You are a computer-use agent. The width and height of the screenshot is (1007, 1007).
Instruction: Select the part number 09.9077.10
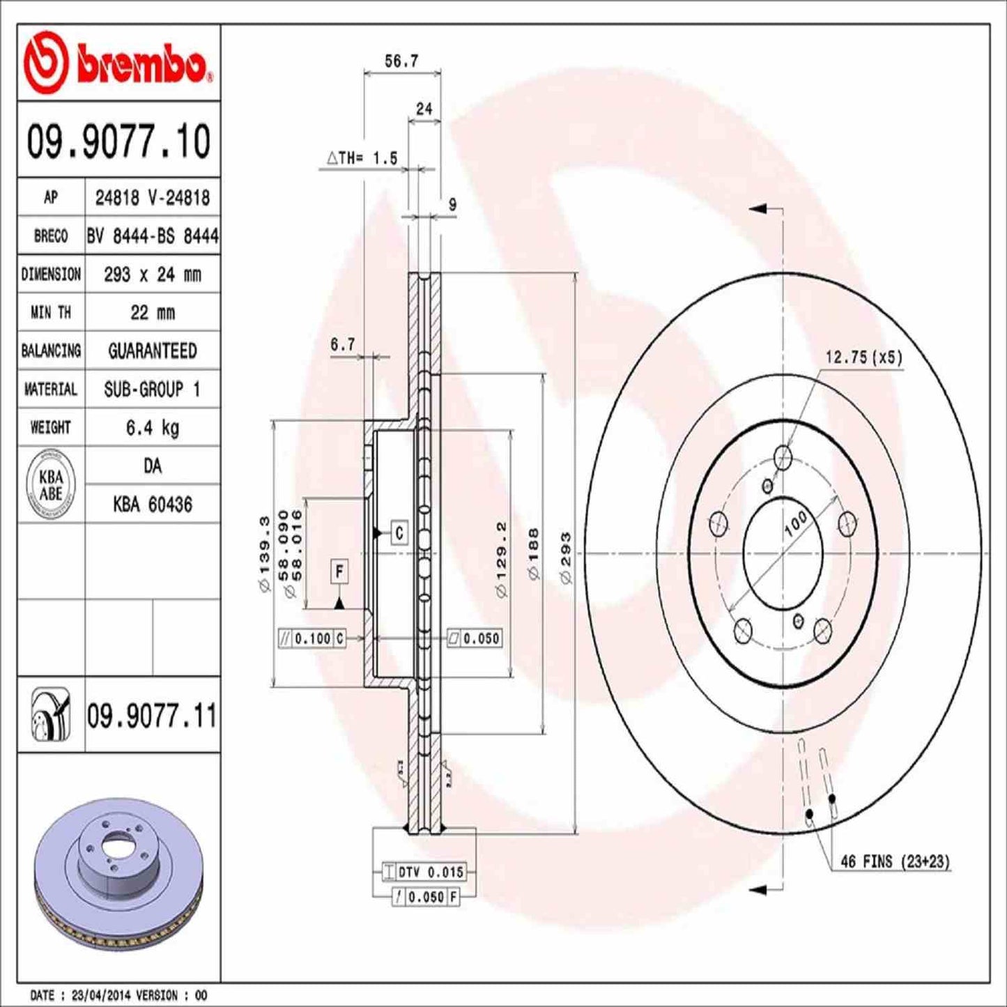118,141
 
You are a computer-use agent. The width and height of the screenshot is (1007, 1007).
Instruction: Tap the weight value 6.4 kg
152,427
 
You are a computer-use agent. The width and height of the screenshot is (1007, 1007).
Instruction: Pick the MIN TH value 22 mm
152,312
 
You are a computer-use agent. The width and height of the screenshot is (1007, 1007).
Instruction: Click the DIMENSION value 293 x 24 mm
152,275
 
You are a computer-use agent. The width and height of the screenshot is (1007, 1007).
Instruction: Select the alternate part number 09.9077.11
151,716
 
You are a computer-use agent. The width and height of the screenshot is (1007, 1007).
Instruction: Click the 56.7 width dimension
401,61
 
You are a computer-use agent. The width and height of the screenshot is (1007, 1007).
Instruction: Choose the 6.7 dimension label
342,344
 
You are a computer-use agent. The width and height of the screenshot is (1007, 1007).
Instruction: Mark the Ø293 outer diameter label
565,558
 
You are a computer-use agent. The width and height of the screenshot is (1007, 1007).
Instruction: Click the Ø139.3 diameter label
264,554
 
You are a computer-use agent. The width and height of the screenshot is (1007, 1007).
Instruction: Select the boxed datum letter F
339,572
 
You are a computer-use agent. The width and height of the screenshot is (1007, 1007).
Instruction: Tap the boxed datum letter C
399,533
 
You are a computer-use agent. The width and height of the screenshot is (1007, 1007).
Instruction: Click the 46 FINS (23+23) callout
895,861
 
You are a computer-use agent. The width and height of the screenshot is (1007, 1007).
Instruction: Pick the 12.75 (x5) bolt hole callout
863,358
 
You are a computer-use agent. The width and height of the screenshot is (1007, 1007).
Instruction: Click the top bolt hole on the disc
784,457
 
